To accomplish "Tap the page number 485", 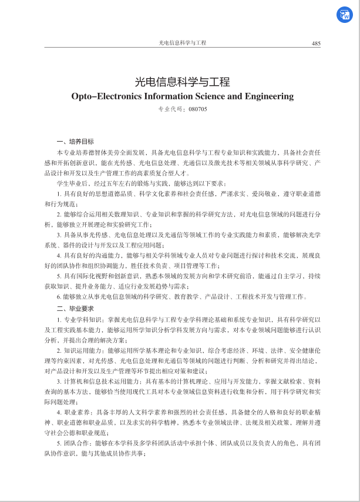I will pyautogui.click(x=316, y=43).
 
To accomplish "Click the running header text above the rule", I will pyautogui.click(x=183, y=43).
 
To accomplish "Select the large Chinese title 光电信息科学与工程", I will pyautogui.click(x=182, y=82).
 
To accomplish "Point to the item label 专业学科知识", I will pyautogui.click(x=79, y=319).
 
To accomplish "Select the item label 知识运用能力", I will pyautogui.click(x=79, y=350).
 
